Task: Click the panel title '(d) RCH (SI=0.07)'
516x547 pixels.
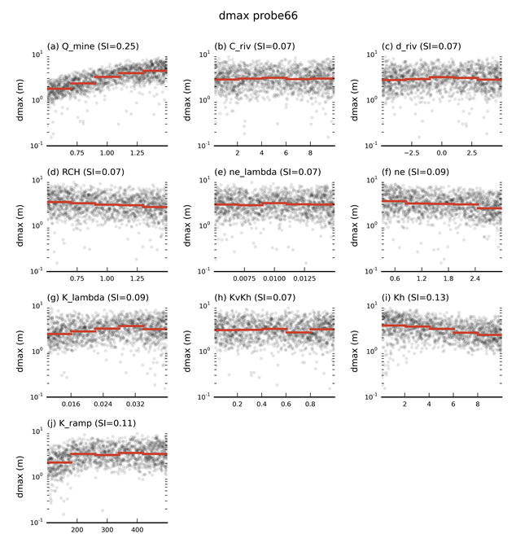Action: tap(91, 172)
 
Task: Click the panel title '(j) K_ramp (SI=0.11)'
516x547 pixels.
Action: tap(97, 423)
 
